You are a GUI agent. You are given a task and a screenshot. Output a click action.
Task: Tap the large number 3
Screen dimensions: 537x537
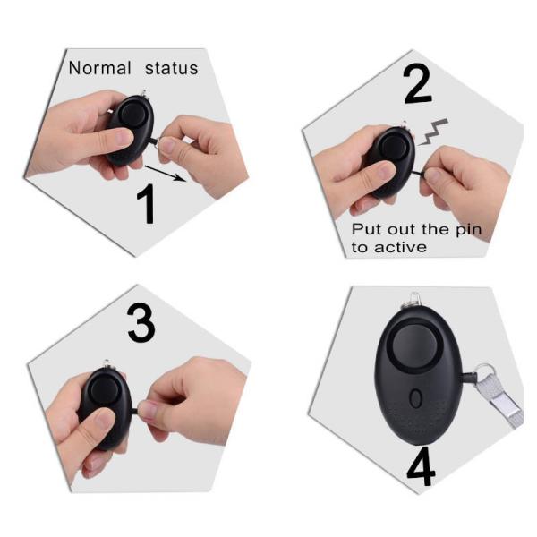(x=141, y=325)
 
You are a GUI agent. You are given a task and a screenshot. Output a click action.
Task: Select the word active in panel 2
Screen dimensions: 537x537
(x=400, y=247)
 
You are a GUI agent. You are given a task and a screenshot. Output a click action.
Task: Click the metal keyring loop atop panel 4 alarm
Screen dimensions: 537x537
(x=413, y=301)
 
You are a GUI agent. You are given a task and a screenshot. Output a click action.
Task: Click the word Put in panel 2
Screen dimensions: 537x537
(x=367, y=230)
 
